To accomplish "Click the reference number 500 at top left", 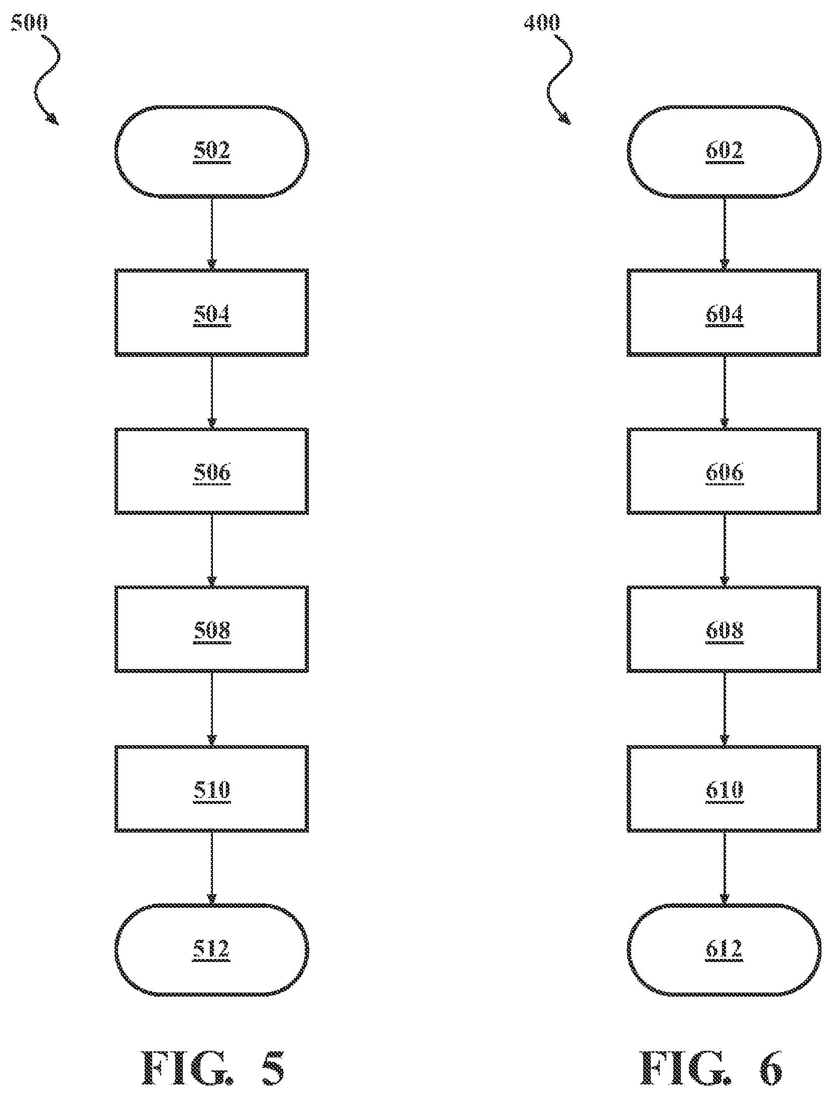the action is (29, 23).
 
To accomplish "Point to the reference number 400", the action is (542, 23).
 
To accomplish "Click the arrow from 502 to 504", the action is (211, 233).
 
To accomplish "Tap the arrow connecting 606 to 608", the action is (724, 551).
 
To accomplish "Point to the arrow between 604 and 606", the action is (724, 392).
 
